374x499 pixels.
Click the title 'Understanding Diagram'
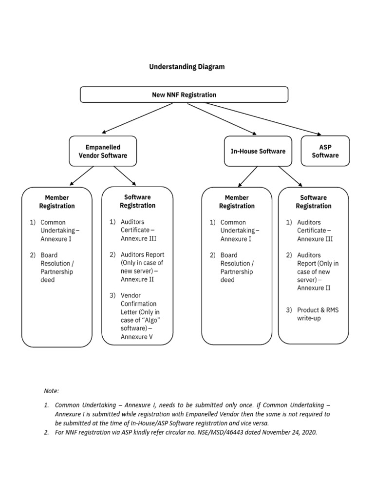(187, 67)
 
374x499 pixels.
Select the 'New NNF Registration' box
(184, 95)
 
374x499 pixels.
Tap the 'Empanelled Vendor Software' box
(103, 151)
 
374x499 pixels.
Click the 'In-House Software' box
(258, 151)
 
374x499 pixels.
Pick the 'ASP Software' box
(325, 151)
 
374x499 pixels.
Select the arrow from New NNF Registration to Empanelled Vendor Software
(138, 118)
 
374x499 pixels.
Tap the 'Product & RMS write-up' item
(318, 314)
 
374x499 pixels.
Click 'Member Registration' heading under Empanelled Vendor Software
(57, 202)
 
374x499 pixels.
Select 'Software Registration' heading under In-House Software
(314, 202)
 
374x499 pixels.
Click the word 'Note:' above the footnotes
(51, 391)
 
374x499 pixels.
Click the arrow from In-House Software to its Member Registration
(248, 176)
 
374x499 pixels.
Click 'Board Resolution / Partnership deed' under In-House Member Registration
(237, 268)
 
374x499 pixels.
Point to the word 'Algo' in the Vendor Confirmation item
(150, 320)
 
